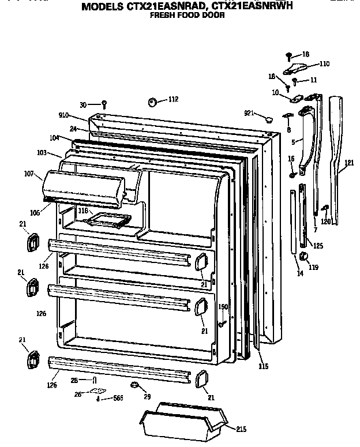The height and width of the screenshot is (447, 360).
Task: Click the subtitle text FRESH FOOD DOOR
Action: click(187, 16)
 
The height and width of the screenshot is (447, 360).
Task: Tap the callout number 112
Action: click(173, 100)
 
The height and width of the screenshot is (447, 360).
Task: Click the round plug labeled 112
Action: click(153, 102)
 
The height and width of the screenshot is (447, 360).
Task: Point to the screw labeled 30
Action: click(104, 104)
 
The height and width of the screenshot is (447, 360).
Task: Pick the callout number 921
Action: click(249, 113)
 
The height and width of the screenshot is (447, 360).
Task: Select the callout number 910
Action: click(63, 116)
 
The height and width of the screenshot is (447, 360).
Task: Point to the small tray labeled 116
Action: click(108, 220)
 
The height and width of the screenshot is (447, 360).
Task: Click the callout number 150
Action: click(223, 307)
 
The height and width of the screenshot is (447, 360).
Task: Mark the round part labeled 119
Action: click(305, 257)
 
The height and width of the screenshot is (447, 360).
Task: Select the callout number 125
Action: click(318, 246)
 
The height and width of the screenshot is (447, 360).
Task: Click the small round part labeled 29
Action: click(134, 385)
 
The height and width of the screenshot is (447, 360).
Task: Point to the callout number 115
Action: click(263, 366)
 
